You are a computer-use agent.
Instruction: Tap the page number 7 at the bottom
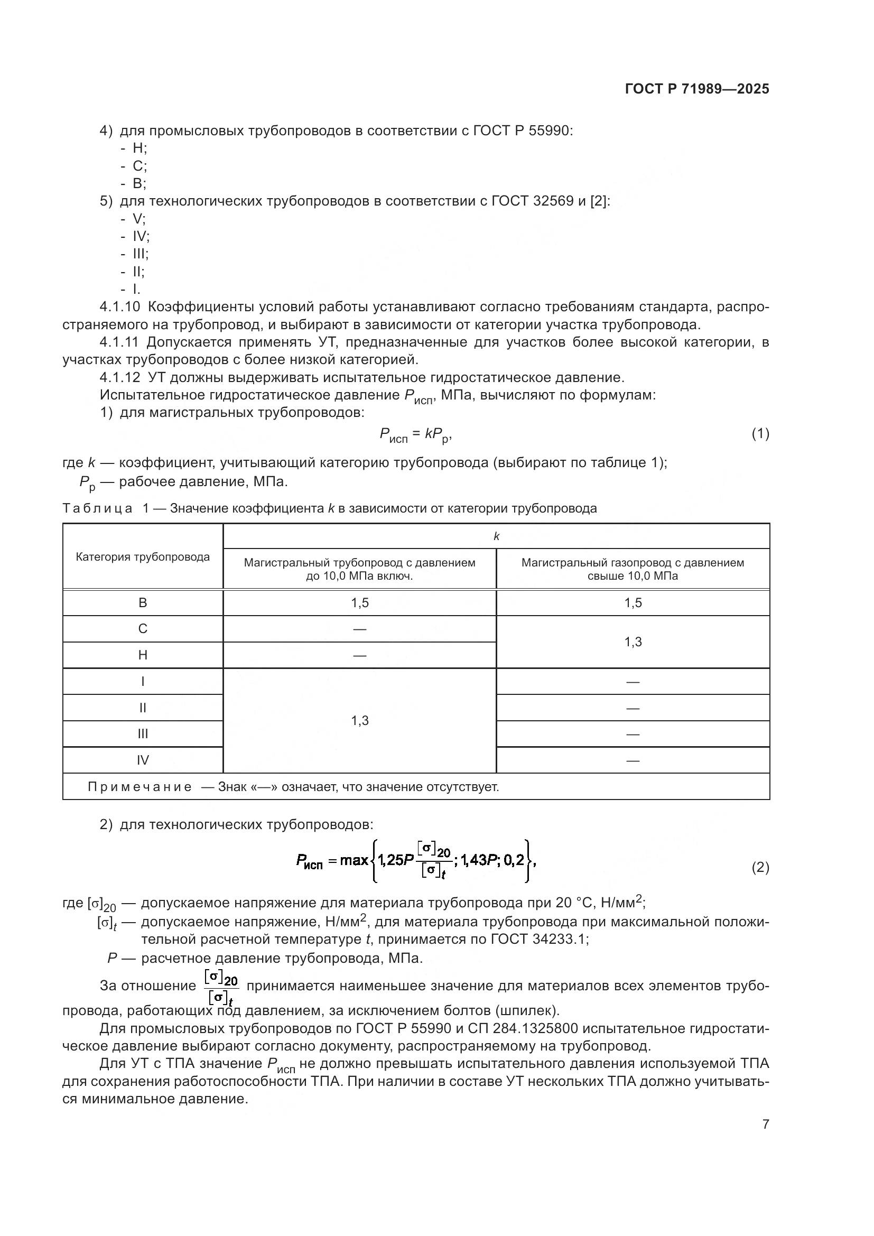click(x=765, y=1124)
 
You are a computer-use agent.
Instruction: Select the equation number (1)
click(x=760, y=434)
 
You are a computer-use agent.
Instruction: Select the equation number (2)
click(x=760, y=868)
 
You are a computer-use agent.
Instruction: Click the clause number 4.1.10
click(x=119, y=308)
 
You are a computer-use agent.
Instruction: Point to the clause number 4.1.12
click(x=119, y=377)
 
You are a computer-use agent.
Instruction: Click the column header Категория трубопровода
click(x=143, y=557)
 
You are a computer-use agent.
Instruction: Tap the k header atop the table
click(x=496, y=537)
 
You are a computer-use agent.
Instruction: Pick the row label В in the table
click(x=143, y=603)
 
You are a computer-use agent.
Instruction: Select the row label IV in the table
click(x=143, y=760)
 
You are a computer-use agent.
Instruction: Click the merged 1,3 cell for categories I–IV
click(x=359, y=721)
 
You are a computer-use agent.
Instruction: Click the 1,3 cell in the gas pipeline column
click(x=633, y=642)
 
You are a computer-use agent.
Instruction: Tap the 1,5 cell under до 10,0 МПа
click(x=359, y=603)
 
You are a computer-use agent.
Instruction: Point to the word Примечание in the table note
click(x=140, y=787)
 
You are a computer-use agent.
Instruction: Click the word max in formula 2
click(x=354, y=860)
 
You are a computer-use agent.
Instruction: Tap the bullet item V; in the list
click(x=139, y=219)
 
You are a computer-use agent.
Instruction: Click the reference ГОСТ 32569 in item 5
click(x=532, y=201)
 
